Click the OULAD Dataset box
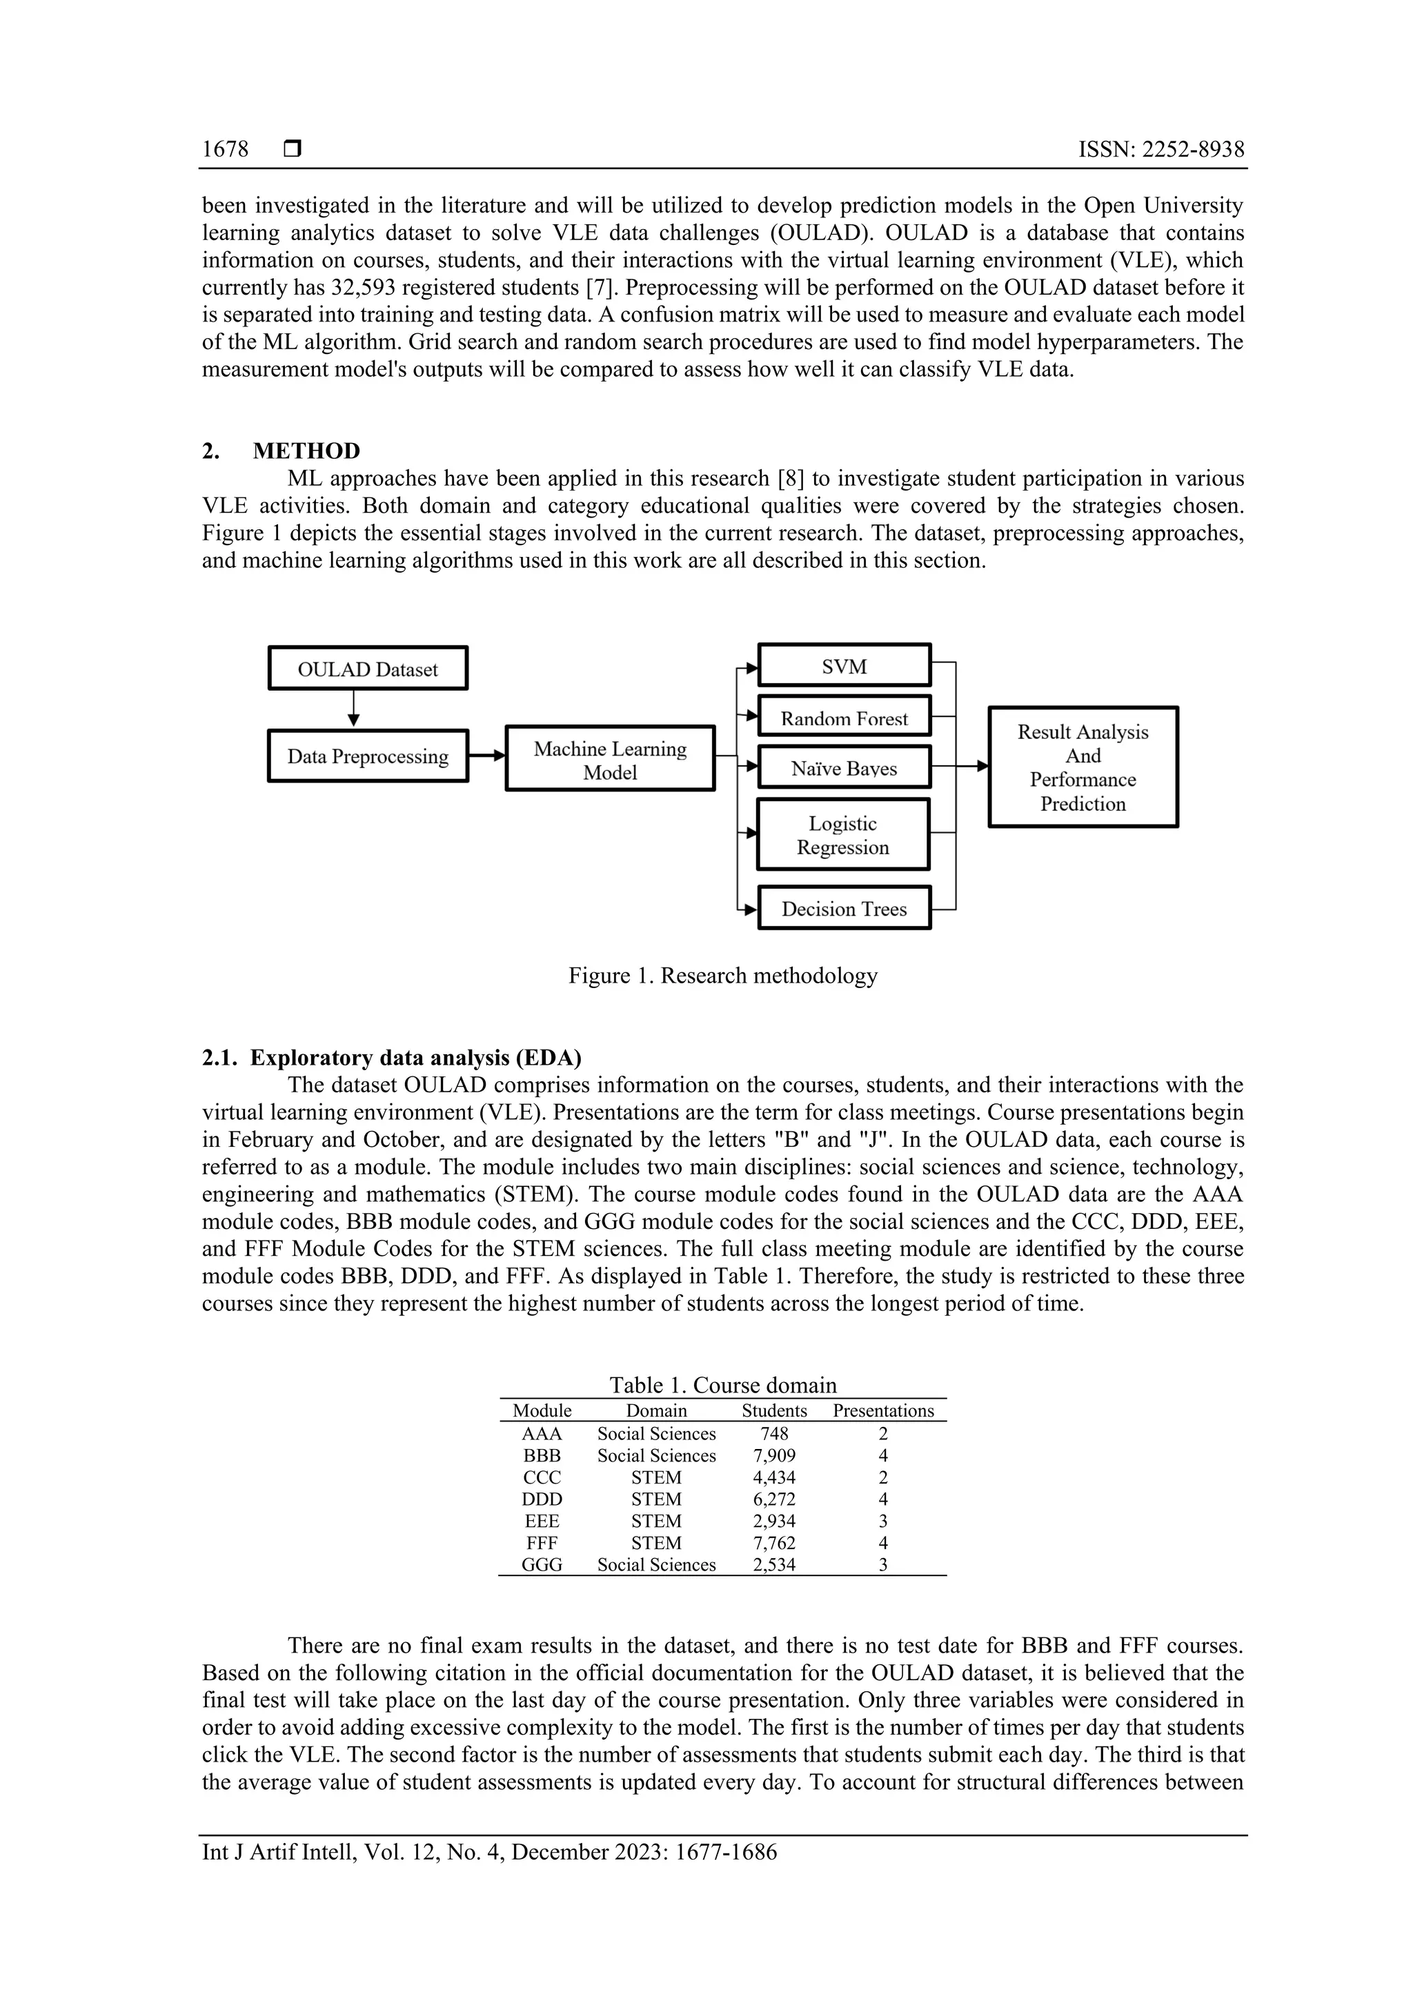click(368, 669)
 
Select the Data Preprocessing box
click(368, 756)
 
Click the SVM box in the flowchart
click(844, 666)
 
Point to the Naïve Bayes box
click(844, 767)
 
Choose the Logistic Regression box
click(842, 835)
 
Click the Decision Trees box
click(844, 908)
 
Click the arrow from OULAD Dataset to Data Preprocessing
click(353, 709)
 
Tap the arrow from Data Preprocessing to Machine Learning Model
click(486, 756)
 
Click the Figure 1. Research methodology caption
click(722, 975)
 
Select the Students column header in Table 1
click(774, 1410)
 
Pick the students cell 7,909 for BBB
click(774, 1455)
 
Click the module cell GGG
click(542, 1564)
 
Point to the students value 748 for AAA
click(774, 1433)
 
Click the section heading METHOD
click(306, 451)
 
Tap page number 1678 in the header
click(225, 149)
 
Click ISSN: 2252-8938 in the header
click(1160, 149)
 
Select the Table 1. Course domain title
click(722, 1385)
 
